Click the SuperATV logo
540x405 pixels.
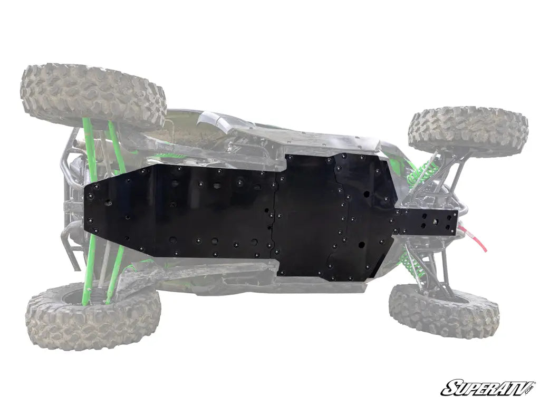pos(488,387)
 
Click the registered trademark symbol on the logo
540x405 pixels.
pos(532,381)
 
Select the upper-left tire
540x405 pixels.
pos(93,95)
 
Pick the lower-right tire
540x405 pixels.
pos(444,311)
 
